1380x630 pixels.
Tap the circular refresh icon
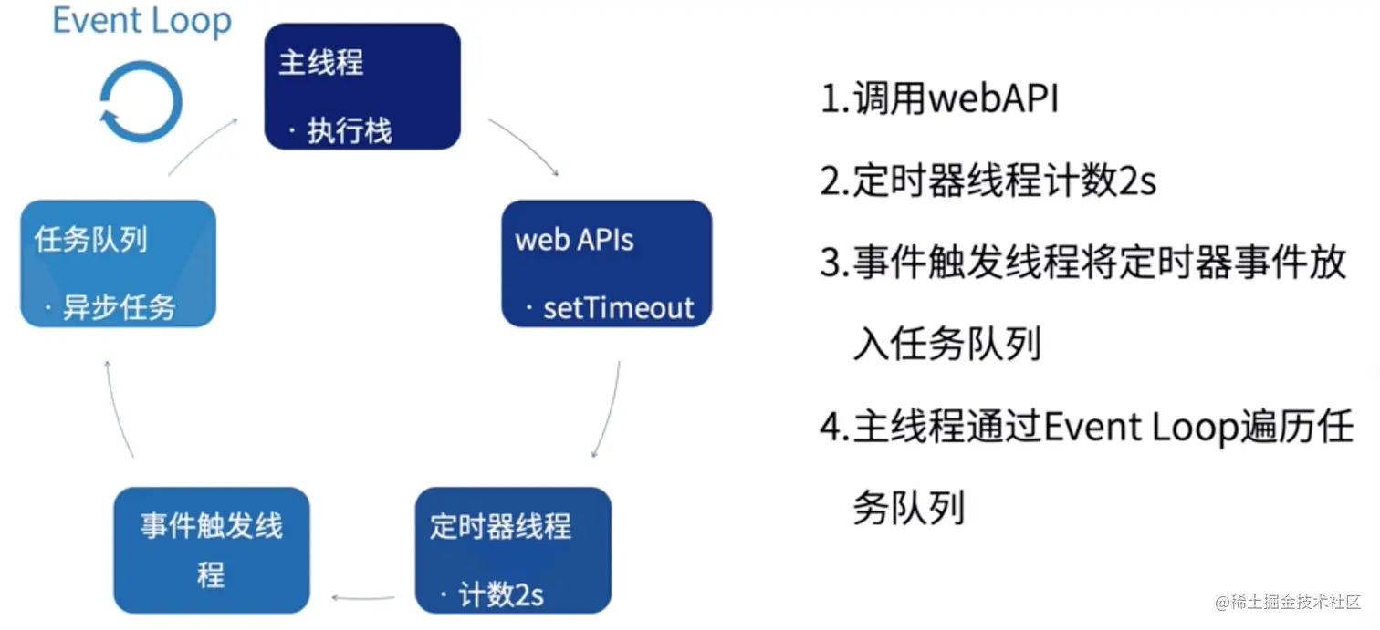pos(141,101)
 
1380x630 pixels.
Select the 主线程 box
pos(362,87)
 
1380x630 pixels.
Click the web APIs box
pos(606,263)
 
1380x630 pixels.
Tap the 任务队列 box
pos(118,263)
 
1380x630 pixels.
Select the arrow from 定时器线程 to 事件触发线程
pos(363,598)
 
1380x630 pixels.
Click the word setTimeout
pos(618,308)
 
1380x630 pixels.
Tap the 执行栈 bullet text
pos(349,131)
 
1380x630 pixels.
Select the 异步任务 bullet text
pos(118,308)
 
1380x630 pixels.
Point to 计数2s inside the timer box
pos(501,595)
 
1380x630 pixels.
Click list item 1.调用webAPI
pos(940,99)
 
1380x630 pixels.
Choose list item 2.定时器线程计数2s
pos(988,181)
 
